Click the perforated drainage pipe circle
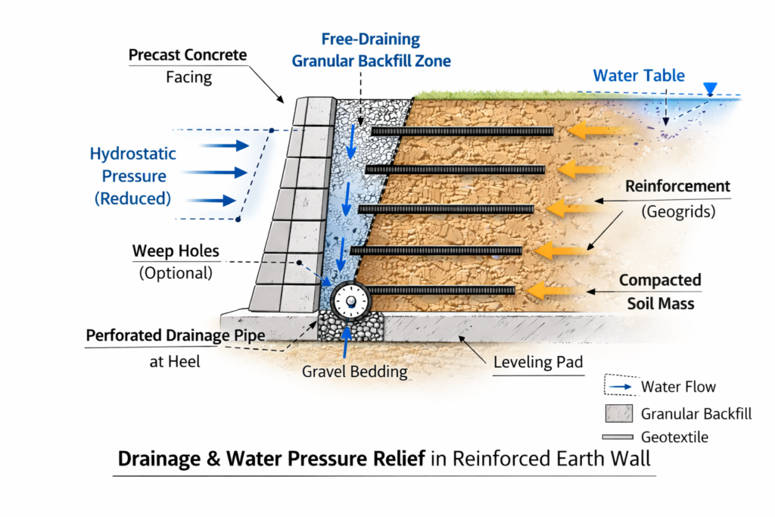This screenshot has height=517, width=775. pyautogui.click(x=351, y=301)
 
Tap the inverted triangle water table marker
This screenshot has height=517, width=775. pyautogui.click(x=709, y=89)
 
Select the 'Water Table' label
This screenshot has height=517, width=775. pyautogui.click(x=639, y=76)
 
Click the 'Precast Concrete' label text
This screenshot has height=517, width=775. pyautogui.click(x=188, y=55)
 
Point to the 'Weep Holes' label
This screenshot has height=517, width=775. pyautogui.click(x=175, y=251)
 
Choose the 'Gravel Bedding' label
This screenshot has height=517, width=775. pyautogui.click(x=355, y=372)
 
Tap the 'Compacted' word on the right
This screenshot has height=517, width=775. pyautogui.click(x=660, y=280)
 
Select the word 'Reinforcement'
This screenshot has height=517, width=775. pyautogui.click(x=677, y=186)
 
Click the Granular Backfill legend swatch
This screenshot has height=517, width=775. pyautogui.click(x=618, y=413)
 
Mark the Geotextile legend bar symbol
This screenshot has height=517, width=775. pyautogui.click(x=618, y=438)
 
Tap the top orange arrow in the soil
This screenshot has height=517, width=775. pyautogui.click(x=590, y=131)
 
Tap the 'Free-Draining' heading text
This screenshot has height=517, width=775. pyautogui.click(x=370, y=39)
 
